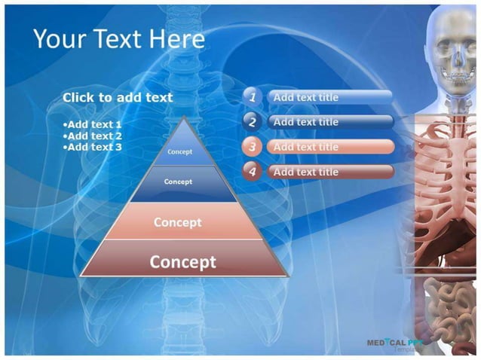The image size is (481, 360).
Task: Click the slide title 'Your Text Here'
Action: pos(118,39)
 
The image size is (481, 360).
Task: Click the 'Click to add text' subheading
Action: pos(118,97)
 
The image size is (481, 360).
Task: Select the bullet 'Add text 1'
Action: pos(93,124)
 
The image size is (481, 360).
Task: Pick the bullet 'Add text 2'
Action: pos(93,136)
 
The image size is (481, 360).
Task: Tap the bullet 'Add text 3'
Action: pos(93,147)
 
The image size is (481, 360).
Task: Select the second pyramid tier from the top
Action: pos(179,182)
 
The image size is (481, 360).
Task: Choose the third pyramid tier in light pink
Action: pos(178,222)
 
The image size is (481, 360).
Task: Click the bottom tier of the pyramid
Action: pos(182,261)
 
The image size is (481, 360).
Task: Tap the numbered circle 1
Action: pos(253,97)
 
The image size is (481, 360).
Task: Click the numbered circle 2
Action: pos(253,121)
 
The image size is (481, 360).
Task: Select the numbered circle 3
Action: pos(253,147)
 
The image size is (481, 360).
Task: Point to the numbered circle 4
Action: pos(253,172)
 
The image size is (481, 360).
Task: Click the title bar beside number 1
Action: pos(329,97)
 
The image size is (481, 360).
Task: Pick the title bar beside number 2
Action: pos(329,121)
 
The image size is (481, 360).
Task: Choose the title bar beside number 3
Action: pos(329,147)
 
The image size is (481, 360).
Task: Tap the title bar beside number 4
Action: pos(329,172)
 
